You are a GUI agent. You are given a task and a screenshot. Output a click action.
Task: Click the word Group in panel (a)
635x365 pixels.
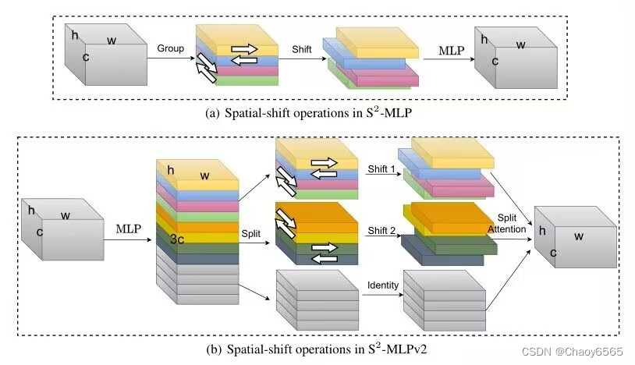(170, 48)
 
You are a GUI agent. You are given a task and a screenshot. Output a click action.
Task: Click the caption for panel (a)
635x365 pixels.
(319, 112)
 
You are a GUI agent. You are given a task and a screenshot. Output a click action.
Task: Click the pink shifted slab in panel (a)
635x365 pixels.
(383, 76)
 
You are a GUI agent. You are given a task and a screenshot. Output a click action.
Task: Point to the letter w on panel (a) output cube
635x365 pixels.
(520, 45)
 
